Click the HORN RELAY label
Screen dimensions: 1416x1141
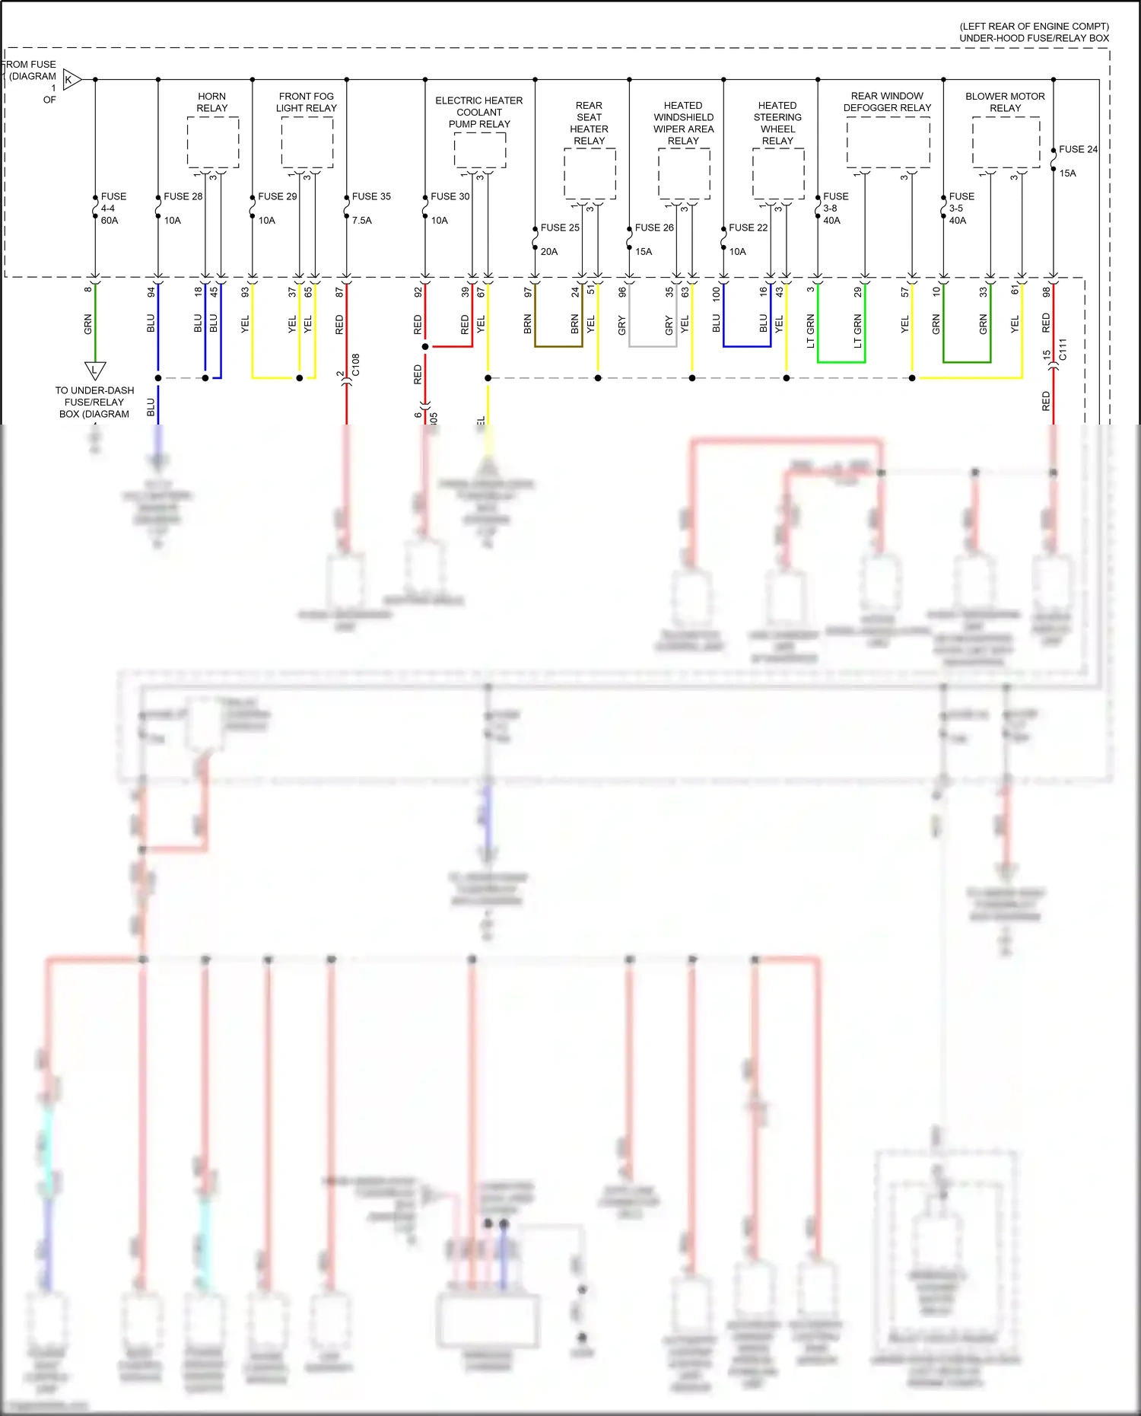(x=212, y=102)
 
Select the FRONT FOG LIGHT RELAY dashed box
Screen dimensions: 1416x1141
(x=307, y=143)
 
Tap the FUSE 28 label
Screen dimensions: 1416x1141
(x=183, y=196)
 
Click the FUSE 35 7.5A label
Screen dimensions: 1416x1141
(x=370, y=207)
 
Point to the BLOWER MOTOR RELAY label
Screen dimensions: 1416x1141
(x=1005, y=102)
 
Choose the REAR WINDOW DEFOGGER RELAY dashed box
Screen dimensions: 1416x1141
(x=888, y=143)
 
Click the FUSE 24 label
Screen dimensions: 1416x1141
(x=1078, y=150)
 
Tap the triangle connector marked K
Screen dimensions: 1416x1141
(x=71, y=79)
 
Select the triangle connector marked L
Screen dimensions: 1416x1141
(x=95, y=370)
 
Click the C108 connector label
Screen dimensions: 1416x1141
(x=356, y=364)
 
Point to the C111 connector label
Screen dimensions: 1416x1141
(x=1063, y=350)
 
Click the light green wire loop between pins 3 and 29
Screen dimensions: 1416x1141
(x=841, y=362)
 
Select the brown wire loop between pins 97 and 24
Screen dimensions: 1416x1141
(x=558, y=346)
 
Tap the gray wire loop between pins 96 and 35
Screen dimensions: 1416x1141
(x=653, y=346)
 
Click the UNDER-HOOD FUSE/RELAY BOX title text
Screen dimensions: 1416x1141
(x=1034, y=32)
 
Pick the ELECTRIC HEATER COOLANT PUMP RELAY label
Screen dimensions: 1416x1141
(x=479, y=112)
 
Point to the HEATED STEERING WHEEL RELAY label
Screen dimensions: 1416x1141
(x=777, y=123)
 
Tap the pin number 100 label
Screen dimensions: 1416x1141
(x=716, y=294)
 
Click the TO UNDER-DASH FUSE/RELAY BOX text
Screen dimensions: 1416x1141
(x=95, y=402)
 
